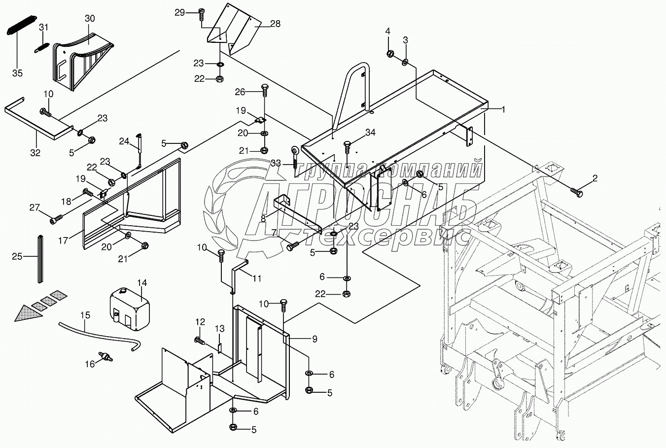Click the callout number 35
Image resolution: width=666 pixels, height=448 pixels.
[17, 73]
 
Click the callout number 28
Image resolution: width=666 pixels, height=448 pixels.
[275, 24]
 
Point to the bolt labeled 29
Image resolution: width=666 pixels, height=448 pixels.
[201, 14]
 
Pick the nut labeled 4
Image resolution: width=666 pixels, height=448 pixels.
[390, 54]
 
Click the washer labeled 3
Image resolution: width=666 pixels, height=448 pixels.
[405, 63]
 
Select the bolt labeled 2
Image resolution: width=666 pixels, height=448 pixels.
[576, 192]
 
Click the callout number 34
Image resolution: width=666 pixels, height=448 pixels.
[370, 133]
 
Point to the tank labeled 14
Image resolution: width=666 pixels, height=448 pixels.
[130, 309]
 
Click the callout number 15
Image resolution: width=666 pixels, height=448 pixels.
[85, 315]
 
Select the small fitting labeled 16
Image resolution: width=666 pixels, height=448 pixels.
[105, 356]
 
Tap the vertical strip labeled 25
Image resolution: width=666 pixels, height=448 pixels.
[40, 259]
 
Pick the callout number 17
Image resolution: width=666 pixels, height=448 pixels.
[63, 240]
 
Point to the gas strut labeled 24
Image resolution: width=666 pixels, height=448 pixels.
[139, 150]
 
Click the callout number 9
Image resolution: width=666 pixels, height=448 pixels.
[315, 339]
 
